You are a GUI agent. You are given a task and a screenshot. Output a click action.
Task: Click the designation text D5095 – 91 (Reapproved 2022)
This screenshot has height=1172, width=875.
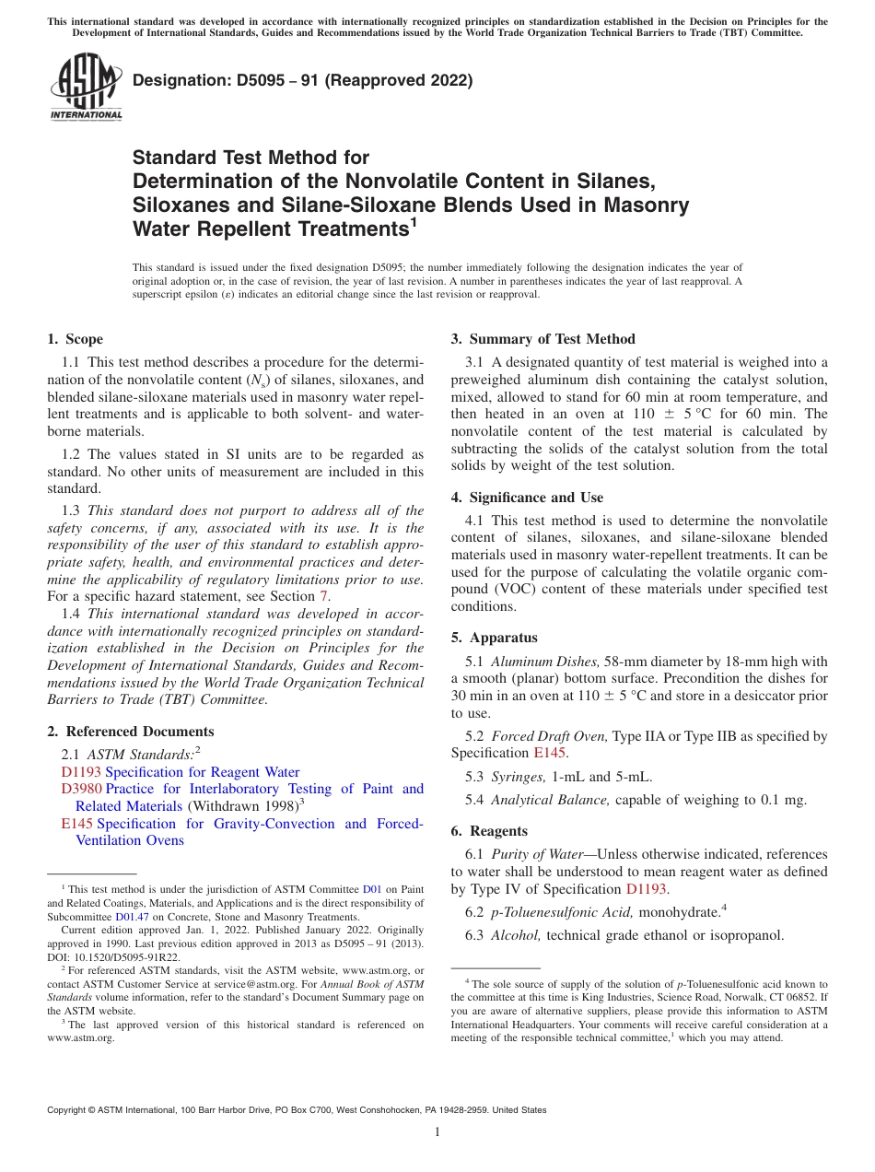(x=302, y=81)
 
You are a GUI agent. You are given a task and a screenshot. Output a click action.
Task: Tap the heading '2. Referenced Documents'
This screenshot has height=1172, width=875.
(x=130, y=732)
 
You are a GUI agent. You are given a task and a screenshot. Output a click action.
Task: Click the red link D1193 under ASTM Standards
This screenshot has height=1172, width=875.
(x=81, y=772)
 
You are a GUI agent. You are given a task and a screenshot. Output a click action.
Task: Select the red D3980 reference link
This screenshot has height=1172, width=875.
(x=81, y=790)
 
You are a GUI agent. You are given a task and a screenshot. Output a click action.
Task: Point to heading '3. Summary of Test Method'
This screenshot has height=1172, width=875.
(x=542, y=339)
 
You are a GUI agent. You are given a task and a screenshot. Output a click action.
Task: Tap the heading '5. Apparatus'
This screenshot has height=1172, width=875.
(x=503, y=638)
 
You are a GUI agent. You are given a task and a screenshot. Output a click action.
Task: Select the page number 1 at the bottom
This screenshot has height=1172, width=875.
(x=437, y=1132)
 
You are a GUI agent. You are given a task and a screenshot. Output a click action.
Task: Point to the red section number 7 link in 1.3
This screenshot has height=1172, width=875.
(x=322, y=596)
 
